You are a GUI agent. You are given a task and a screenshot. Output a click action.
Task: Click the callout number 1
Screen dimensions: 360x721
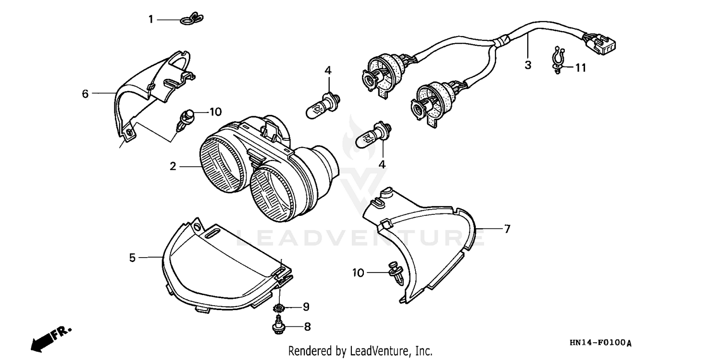click(x=150, y=20)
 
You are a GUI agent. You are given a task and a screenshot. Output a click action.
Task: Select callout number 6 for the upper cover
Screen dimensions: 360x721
click(x=85, y=93)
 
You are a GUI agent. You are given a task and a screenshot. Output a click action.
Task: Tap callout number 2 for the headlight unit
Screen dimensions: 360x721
click(x=173, y=166)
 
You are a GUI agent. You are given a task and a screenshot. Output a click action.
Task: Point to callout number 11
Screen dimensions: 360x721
click(x=581, y=68)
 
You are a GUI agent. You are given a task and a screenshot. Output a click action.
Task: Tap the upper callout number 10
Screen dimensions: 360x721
click(x=215, y=112)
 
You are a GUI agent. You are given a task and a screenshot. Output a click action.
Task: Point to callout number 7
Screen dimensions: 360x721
click(x=507, y=229)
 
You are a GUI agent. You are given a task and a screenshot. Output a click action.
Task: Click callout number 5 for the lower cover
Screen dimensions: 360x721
click(x=132, y=258)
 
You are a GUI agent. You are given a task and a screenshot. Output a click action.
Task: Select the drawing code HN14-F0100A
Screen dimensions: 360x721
click(x=600, y=343)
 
